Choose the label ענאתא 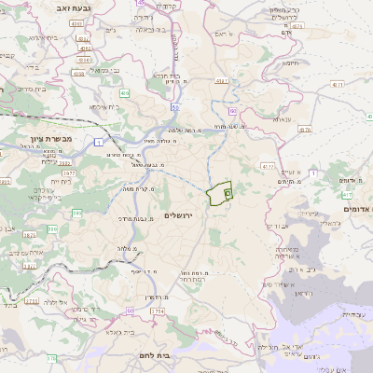pyautogui.click(x=281, y=118)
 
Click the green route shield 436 pyautogui.click(x=124, y=93)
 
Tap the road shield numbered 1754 pyautogui.click(x=157, y=311)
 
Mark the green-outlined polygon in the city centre pyautogui.click(x=219, y=193)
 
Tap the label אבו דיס pyautogui.click(x=278, y=226)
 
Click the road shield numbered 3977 pyautogui.click(x=69, y=173)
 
